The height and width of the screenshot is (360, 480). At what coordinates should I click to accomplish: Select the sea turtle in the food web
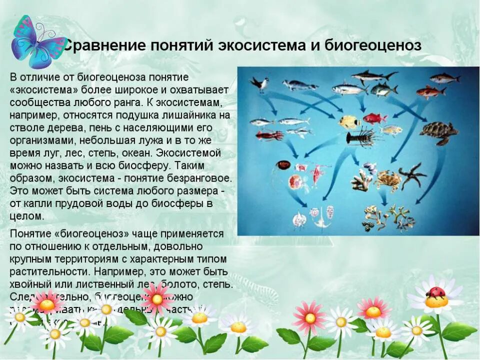438,132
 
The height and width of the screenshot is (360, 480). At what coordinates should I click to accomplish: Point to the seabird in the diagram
259,83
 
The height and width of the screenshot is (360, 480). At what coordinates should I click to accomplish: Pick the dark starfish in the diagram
412,175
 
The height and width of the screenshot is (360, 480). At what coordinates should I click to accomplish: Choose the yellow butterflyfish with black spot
348,122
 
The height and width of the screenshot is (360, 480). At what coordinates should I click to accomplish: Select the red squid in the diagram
269,134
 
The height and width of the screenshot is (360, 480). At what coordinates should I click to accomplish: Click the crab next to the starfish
387,178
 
